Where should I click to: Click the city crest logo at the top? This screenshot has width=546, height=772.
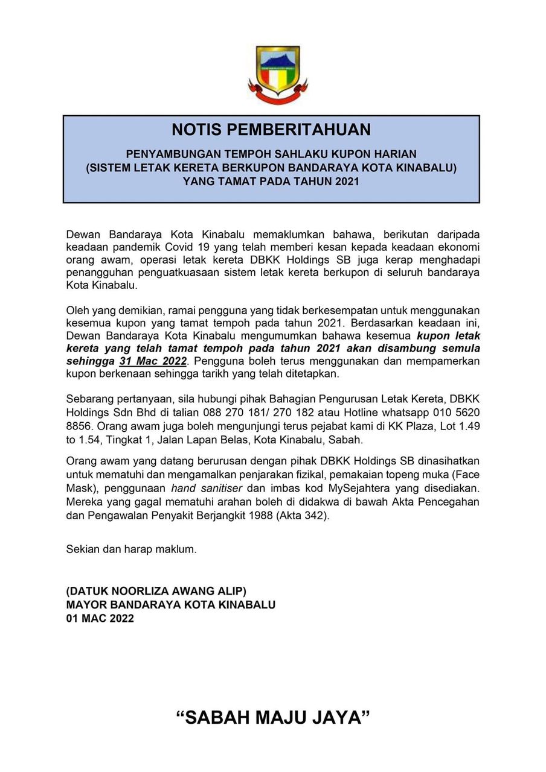[x=278, y=74]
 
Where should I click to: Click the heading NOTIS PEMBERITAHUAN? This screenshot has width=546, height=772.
[x=271, y=130]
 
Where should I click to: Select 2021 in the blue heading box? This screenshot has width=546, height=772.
[x=347, y=181]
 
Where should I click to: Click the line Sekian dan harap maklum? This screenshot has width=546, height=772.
[x=131, y=549]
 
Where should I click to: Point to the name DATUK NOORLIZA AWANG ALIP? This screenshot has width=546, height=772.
[x=156, y=590]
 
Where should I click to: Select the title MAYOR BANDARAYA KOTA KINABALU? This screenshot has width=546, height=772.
[x=170, y=604]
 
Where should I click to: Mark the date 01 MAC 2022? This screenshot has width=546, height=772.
[x=100, y=618]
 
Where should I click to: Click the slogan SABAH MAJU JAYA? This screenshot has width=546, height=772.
[x=272, y=718]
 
